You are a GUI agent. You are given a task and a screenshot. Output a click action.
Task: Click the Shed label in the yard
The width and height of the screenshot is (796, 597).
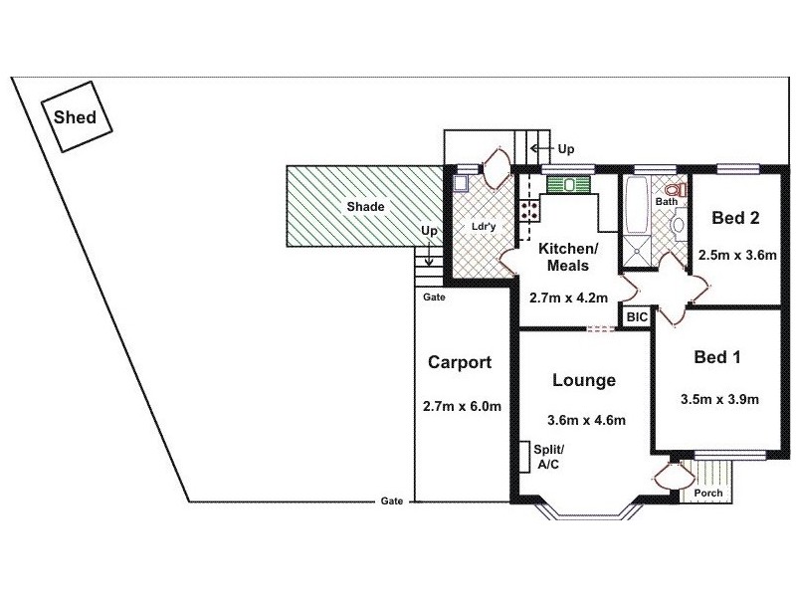click(x=75, y=117)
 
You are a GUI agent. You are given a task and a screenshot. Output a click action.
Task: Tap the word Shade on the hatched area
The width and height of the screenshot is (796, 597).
click(x=365, y=207)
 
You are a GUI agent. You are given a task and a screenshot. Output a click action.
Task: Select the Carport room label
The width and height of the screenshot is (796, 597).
click(x=459, y=362)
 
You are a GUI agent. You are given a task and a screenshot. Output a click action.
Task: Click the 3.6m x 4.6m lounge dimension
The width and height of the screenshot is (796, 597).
click(x=586, y=419)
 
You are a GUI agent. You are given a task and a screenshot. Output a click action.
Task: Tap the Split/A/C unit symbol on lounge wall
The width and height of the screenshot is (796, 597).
click(x=523, y=457)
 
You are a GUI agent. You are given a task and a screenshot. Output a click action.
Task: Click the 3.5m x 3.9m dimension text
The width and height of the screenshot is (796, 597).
click(x=719, y=400)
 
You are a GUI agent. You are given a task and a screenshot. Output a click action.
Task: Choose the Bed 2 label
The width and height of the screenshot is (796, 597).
click(x=736, y=217)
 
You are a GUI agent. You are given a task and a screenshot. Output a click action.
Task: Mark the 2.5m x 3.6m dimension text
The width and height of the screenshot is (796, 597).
click(x=737, y=254)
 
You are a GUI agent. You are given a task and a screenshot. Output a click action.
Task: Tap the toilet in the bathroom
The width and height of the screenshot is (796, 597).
click(x=675, y=191)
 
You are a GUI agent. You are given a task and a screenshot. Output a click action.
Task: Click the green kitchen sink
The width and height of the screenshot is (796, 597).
click(x=567, y=184)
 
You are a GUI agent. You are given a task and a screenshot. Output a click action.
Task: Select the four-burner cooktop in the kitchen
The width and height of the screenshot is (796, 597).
click(x=529, y=210)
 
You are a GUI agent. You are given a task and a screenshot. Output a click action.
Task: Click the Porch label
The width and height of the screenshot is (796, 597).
click(x=708, y=494)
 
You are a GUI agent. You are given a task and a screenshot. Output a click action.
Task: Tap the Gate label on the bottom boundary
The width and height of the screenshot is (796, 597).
click(x=391, y=501)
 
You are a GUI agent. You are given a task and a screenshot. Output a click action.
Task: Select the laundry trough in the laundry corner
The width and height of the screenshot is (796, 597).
click(x=462, y=183)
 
